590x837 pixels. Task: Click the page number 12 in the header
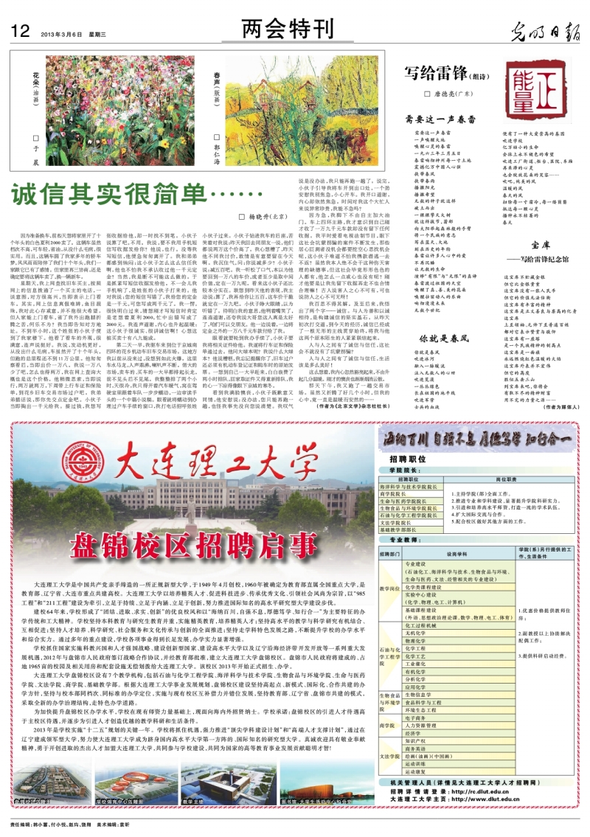click(20, 31)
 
